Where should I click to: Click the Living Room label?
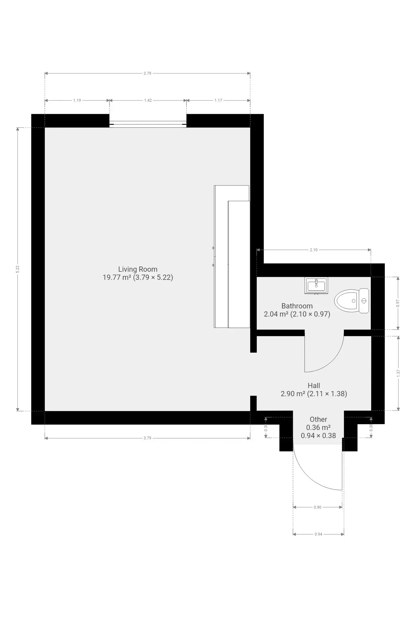(x=138, y=269)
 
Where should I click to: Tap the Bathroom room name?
(x=297, y=306)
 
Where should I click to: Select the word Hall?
(x=314, y=385)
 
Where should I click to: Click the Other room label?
(x=318, y=419)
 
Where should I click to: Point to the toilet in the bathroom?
(x=352, y=301)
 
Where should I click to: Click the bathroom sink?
(x=316, y=286)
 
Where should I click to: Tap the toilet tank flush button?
(x=364, y=301)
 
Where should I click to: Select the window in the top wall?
(x=148, y=124)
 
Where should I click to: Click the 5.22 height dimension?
(x=18, y=269)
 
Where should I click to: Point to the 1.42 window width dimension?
(x=148, y=100)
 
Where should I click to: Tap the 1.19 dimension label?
(x=77, y=100)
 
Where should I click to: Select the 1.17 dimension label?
(x=218, y=100)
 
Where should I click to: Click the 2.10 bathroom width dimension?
(x=314, y=250)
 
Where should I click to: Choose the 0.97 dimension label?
(x=398, y=303)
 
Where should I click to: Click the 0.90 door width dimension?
(x=318, y=507)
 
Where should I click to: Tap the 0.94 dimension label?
(x=318, y=534)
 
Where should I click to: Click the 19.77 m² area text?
(x=117, y=277)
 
